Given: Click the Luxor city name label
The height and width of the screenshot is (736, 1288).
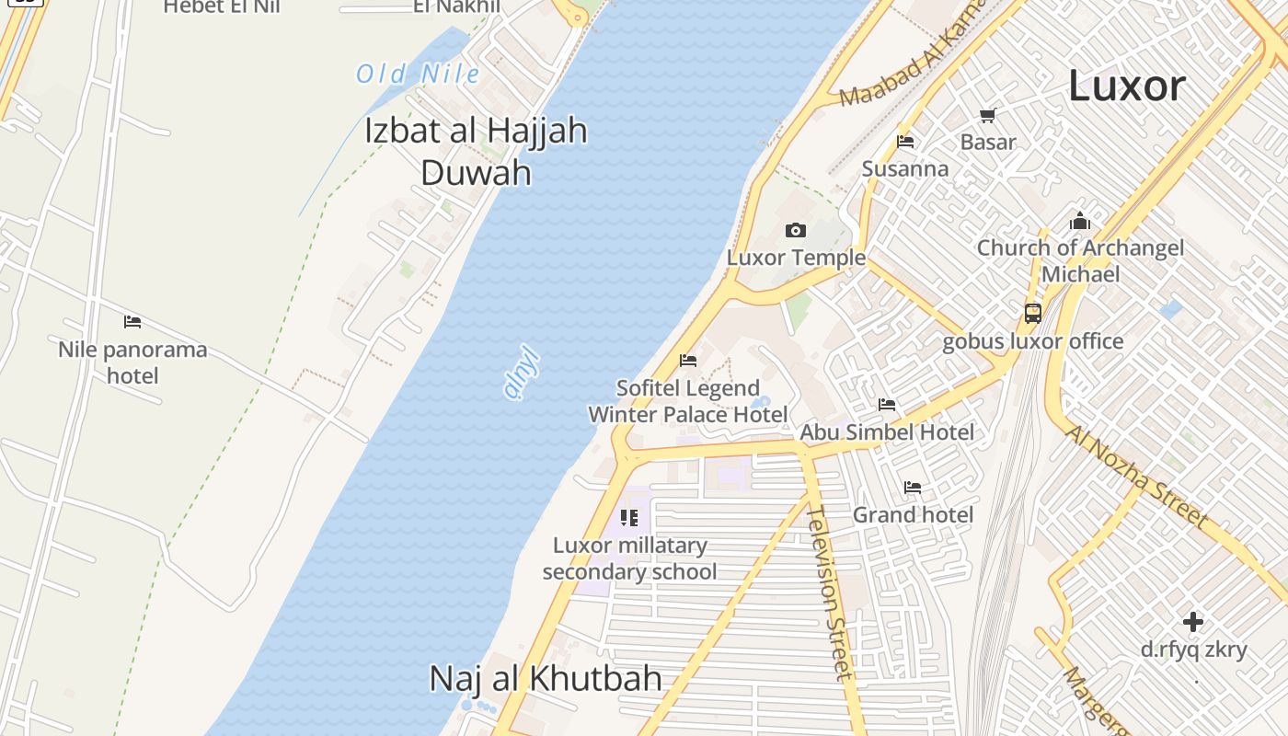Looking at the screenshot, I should point(1126,86).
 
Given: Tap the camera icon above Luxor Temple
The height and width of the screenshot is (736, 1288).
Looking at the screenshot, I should point(796,230).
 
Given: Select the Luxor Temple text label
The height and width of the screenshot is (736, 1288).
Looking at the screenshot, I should point(796,258).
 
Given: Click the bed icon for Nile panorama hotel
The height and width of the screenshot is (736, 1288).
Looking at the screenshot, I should point(132,322).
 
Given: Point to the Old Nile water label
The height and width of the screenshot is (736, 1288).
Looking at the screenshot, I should point(418,75).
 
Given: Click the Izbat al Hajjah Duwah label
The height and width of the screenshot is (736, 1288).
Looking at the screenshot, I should point(476,151).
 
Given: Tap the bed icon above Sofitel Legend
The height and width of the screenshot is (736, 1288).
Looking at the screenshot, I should point(687,361).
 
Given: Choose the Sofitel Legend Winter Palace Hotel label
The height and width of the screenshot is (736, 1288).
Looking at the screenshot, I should point(688,401).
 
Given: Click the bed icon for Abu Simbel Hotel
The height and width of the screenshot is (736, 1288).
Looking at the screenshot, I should point(887,405).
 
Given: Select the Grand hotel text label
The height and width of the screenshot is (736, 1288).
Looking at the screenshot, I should point(913,514).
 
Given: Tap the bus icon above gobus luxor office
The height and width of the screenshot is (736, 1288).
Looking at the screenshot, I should point(1033,314).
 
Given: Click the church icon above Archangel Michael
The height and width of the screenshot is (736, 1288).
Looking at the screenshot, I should point(1080,222).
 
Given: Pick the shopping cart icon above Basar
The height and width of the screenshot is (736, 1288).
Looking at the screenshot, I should point(988,116).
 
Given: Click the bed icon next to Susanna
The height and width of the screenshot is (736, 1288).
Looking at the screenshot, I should point(905,142).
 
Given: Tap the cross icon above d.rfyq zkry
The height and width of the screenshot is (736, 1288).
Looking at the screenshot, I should point(1193,622).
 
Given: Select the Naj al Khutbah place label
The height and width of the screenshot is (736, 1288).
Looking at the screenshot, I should point(546,679).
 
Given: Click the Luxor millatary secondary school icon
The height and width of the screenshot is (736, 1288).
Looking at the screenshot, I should point(629,518).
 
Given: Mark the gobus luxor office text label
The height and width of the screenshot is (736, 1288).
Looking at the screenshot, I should point(1032,341).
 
